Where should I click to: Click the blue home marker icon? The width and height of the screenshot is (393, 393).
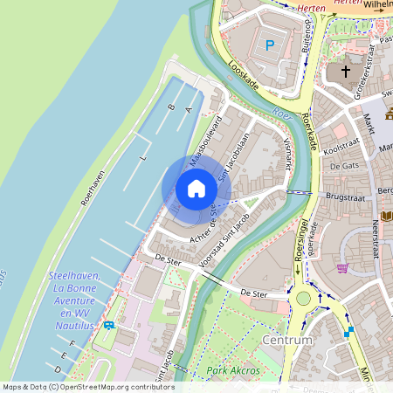coord(196,188)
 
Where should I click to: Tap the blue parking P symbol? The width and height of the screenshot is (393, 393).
coord(269,43)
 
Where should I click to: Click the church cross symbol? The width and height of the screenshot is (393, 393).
coord(345,71)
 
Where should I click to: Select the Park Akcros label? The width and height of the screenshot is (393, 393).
coord(234,371)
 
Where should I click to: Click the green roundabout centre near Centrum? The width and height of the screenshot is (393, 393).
coord(303,298)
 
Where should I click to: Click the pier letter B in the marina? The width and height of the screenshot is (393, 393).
coord(170,107)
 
